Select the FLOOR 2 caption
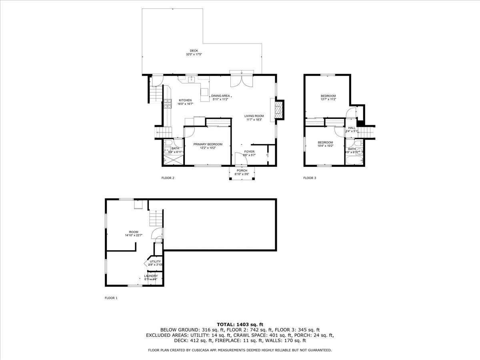168,178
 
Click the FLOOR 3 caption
310,178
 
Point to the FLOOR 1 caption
111,298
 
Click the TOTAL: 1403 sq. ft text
240,324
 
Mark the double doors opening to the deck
242,80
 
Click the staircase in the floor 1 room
155,219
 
